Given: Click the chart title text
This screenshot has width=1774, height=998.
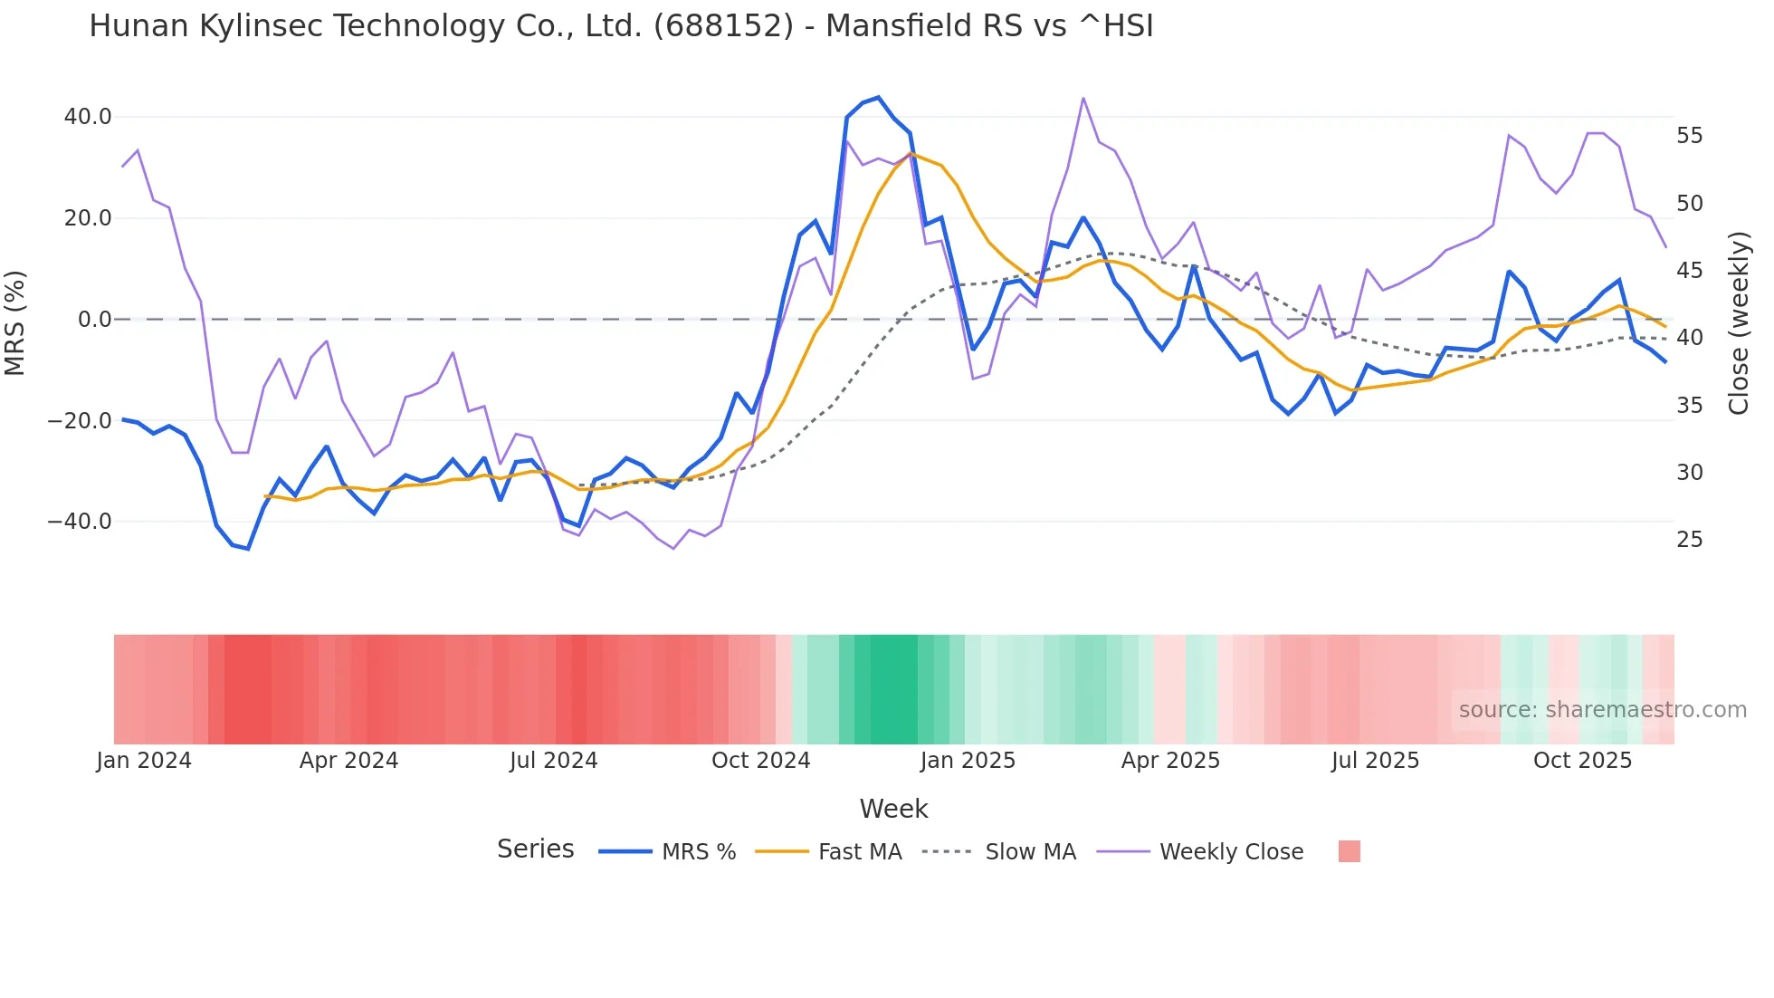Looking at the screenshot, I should click(x=621, y=26).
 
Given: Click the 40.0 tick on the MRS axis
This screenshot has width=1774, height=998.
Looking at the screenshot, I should click(x=88, y=117).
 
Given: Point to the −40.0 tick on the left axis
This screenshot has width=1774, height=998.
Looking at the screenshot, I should click(x=80, y=522).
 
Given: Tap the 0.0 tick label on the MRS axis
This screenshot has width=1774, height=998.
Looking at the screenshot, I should click(x=95, y=320).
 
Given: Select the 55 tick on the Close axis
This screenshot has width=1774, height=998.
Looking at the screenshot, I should click(x=1689, y=136).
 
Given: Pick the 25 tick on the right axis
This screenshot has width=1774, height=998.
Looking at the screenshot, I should click(x=1689, y=540).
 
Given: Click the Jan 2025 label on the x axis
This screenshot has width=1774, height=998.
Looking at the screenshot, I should click(x=968, y=761).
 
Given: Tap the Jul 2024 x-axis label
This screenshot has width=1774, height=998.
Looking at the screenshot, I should click(x=553, y=761).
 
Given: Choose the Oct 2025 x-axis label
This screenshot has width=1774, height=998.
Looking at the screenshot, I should click(x=1582, y=761).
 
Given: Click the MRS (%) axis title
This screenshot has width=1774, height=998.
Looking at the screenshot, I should click(x=15, y=322).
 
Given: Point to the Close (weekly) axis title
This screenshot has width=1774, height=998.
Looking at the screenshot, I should click(x=1738, y=323).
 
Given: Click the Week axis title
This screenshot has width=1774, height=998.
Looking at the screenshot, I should click(x=893, y=809).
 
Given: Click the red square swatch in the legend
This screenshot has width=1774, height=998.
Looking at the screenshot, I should click(x=1349, y=851).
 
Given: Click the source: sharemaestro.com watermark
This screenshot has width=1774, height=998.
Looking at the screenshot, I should click(x=1602, y=710).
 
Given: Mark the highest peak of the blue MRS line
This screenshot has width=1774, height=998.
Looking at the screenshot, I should click(x=878, y=98).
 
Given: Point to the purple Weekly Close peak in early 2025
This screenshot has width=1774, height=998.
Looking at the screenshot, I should click(x=1083, y=98).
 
